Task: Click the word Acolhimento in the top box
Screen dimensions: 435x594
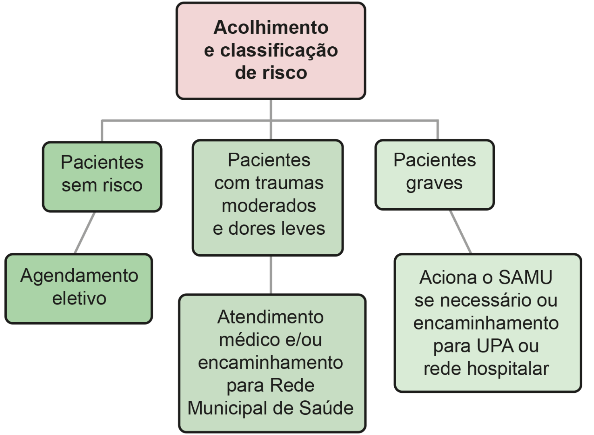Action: pyautogui.click(x=271, y=28)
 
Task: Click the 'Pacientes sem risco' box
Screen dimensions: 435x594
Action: pyautogui.click(x=102, y=176)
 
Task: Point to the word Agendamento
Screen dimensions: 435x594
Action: pyautogui.click(x=79, y=276)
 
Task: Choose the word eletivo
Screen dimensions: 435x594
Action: pyautogui.click(x=79, y=298)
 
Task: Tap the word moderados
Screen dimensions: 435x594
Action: pyautogui.click(x=269, y=206)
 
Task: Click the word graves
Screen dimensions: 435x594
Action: pyautogui.click(x=434, y=183)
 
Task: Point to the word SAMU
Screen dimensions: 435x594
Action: pyautogui.click(x=525, y=278)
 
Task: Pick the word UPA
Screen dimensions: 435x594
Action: pyautogui.click(x=494, y=346)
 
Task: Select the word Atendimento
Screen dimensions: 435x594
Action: pyautogui.click(x=271, y=317)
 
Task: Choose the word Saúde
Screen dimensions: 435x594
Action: pyautogui.click(x=326, y=408)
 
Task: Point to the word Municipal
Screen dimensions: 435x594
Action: pyautogui.click(x=227, y=408)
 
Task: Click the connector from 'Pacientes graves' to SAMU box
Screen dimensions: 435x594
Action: pyautogui.click(x=460, y=232)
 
